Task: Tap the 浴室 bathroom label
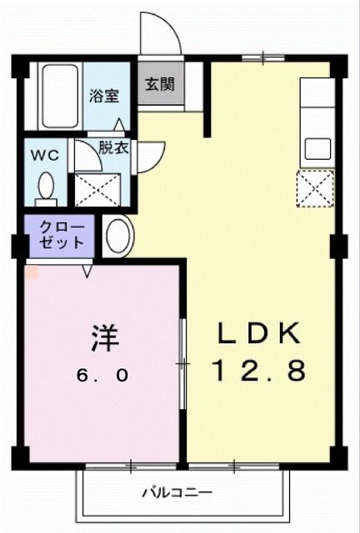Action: (104, 95)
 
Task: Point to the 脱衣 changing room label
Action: (113, 149)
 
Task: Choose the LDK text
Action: (258, 333)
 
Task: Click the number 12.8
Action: (258, 370)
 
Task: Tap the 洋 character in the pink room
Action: (105, 338)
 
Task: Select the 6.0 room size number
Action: (104, 375)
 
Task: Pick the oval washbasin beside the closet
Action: (117, 236)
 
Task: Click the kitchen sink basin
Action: (317, 148)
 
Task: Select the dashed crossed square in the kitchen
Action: (316, 188)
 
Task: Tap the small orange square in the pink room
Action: (31, 271)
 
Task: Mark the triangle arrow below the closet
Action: (87, 271)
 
